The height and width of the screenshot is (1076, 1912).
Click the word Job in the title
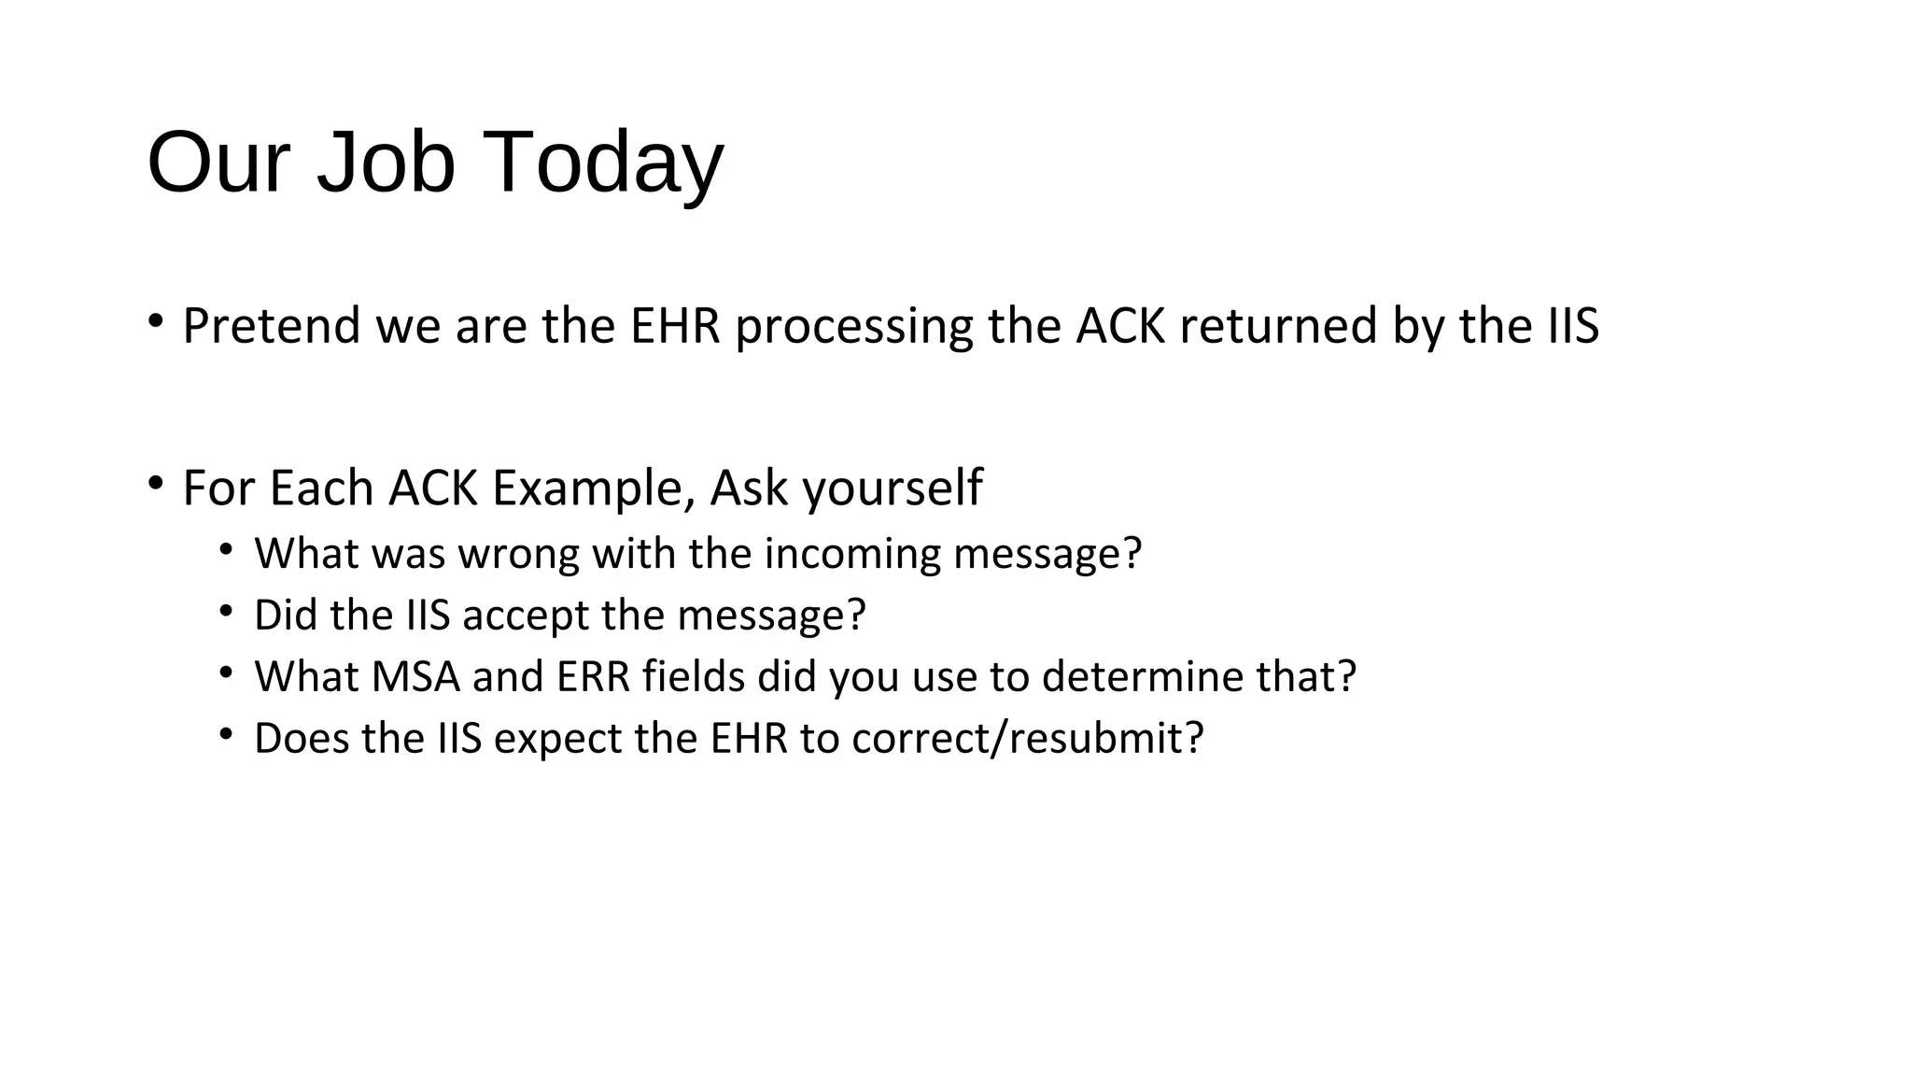click(x=386, y=162)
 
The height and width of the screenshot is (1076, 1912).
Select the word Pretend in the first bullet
click(x=271, y=326)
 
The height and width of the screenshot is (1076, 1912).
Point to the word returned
click(x=1278, y=326)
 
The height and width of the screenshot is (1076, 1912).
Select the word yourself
click(x=892, y=488)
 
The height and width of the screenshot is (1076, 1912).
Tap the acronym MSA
click(x=415, y=677)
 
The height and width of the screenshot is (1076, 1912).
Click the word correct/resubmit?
click(x=1028, y=739)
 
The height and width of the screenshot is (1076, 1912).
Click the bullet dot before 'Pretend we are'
click(x=156, y=323)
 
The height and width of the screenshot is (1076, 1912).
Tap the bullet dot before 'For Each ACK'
click(x=156, y=484)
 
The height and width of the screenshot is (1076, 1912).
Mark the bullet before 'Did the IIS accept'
click(x=227, y=611)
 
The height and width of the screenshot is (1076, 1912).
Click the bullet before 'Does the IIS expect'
click(x=227, y=734)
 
